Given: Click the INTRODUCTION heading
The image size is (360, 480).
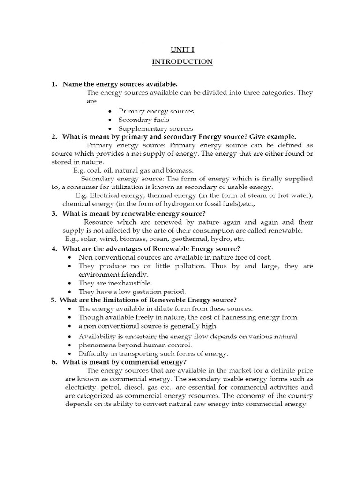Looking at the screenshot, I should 182,61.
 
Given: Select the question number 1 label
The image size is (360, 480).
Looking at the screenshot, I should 54,84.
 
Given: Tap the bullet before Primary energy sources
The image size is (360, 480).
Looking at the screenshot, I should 109,112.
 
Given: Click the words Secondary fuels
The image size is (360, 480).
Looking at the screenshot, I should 144,120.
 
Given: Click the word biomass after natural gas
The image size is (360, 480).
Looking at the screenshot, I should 180,170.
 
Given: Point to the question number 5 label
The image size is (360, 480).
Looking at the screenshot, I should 54,300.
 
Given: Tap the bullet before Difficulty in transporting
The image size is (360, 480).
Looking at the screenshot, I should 69,354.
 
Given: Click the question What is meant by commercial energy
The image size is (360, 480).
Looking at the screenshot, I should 124,362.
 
